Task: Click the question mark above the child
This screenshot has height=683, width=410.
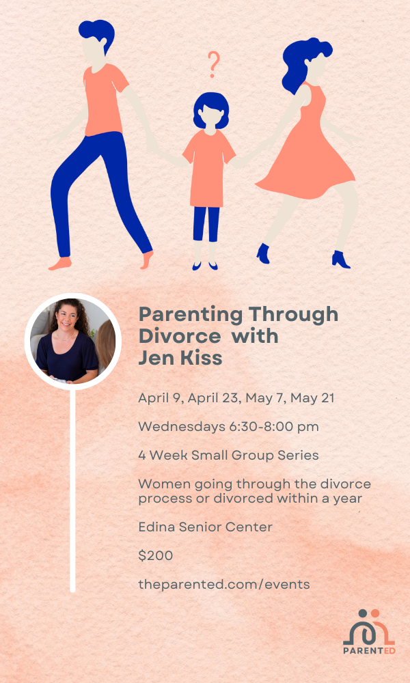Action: point(213,64)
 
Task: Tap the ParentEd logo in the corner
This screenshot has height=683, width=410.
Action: point(368,632)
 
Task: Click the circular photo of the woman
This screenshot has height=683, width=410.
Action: point(72,341)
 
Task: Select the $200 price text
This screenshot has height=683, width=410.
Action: point(156,556)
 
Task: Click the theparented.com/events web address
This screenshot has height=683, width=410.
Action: point(224,585)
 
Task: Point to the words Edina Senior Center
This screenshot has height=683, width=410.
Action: point(205,527)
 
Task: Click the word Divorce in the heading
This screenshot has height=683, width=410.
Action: point(179,336)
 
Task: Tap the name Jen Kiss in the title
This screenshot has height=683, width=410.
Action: point(180,358)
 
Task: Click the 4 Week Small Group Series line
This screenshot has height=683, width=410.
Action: point(228,456)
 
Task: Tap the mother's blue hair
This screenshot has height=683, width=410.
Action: point(303,61)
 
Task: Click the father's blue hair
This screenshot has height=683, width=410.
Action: point(98,33)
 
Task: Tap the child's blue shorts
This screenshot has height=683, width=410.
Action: point(206,223)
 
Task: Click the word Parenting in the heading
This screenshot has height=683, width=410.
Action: point(190,314)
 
